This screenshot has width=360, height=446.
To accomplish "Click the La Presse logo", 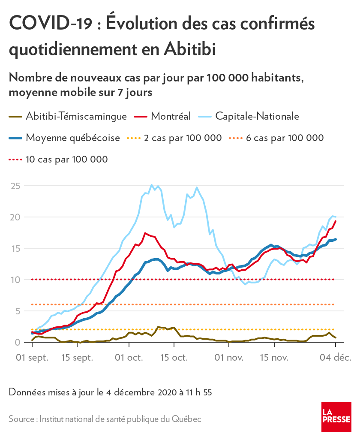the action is (x=336, y=417).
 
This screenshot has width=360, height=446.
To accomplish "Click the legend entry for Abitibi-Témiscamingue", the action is (x=68, y=116).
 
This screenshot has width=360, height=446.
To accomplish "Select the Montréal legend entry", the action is (x=162, y=116).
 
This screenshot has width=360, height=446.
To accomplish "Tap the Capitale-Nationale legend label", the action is (x=257, y=116).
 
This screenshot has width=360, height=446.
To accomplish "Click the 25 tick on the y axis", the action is (x=15, y=186).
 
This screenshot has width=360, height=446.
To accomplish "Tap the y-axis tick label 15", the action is (x=15, y=249).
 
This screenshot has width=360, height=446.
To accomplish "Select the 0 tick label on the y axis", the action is (x=18, y=342).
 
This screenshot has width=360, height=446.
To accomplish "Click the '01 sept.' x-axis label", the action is (x=32, y=358).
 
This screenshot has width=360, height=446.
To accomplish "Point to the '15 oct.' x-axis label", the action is (x=174, y=358).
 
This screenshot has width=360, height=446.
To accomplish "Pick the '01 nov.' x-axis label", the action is (x=229, y=358).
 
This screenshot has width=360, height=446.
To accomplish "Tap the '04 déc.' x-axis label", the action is (x=336, y=358).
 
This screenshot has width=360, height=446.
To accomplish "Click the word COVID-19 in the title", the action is (x=51, y=23).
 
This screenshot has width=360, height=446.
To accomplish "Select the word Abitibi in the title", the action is (x=190, y=49).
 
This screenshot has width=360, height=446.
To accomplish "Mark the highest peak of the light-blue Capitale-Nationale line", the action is (x=151, y=184).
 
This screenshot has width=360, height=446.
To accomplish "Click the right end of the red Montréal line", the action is (x=336, y=221).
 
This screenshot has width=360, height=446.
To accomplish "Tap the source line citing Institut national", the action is (x=105, y=419).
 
